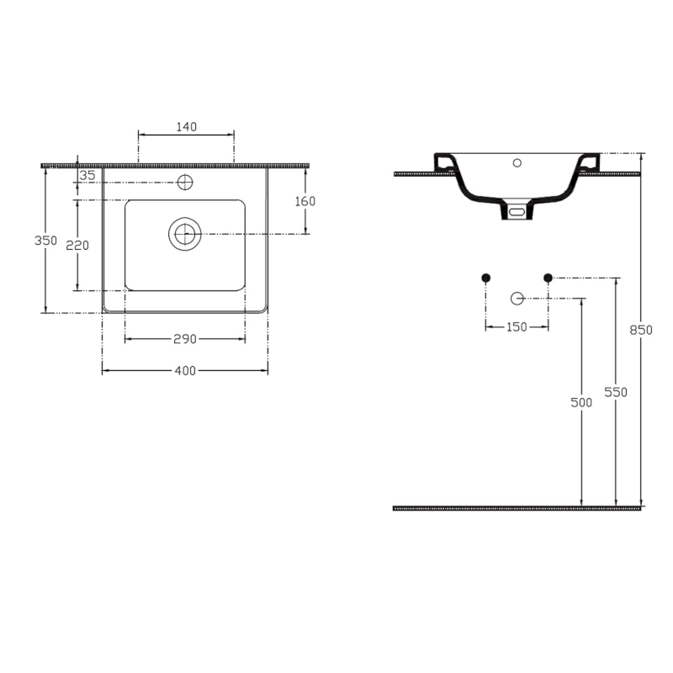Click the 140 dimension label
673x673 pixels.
tap(187, 127)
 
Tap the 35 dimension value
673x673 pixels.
tap(87, 175)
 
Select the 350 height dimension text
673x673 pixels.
tap(46, 241)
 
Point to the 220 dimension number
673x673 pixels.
tap(77, 245)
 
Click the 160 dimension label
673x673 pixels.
tap(305, 201)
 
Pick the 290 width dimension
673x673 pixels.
tap(185, 339)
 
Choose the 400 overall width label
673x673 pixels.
tap(185, 370)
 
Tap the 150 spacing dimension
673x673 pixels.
tap(517, 327)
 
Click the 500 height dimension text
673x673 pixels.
tap(581, 402)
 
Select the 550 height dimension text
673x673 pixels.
tap(616, 392)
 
